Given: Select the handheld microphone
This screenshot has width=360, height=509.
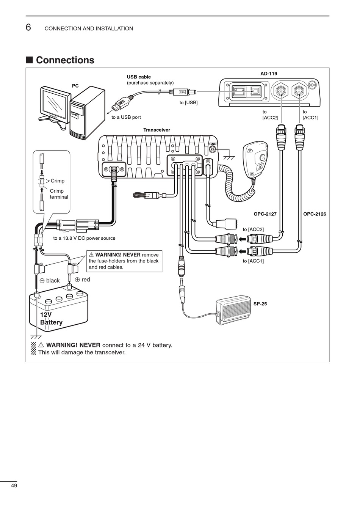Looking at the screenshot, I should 256,159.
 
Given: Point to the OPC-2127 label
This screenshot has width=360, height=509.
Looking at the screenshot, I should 265,214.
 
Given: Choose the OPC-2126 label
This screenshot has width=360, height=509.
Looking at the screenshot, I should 315,214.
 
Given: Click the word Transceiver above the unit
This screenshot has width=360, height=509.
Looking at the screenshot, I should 157,130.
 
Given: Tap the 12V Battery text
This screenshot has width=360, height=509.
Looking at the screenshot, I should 51,319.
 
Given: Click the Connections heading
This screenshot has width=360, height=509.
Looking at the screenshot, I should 65,60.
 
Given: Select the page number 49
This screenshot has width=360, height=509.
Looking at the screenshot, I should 14,486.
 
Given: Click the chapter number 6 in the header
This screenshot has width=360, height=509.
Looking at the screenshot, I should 28,28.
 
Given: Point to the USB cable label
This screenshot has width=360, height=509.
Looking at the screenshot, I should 139,77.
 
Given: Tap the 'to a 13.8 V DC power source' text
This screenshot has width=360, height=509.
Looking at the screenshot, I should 84,238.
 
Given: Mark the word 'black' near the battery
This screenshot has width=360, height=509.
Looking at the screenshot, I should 53,281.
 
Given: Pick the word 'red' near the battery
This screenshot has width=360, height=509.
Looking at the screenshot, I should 86,280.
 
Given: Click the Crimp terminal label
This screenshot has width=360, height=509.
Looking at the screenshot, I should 59,194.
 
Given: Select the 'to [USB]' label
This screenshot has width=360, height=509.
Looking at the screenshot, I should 188,102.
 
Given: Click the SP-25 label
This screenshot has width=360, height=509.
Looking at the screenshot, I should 260,303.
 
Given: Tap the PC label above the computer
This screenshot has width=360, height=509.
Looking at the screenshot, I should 75,86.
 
